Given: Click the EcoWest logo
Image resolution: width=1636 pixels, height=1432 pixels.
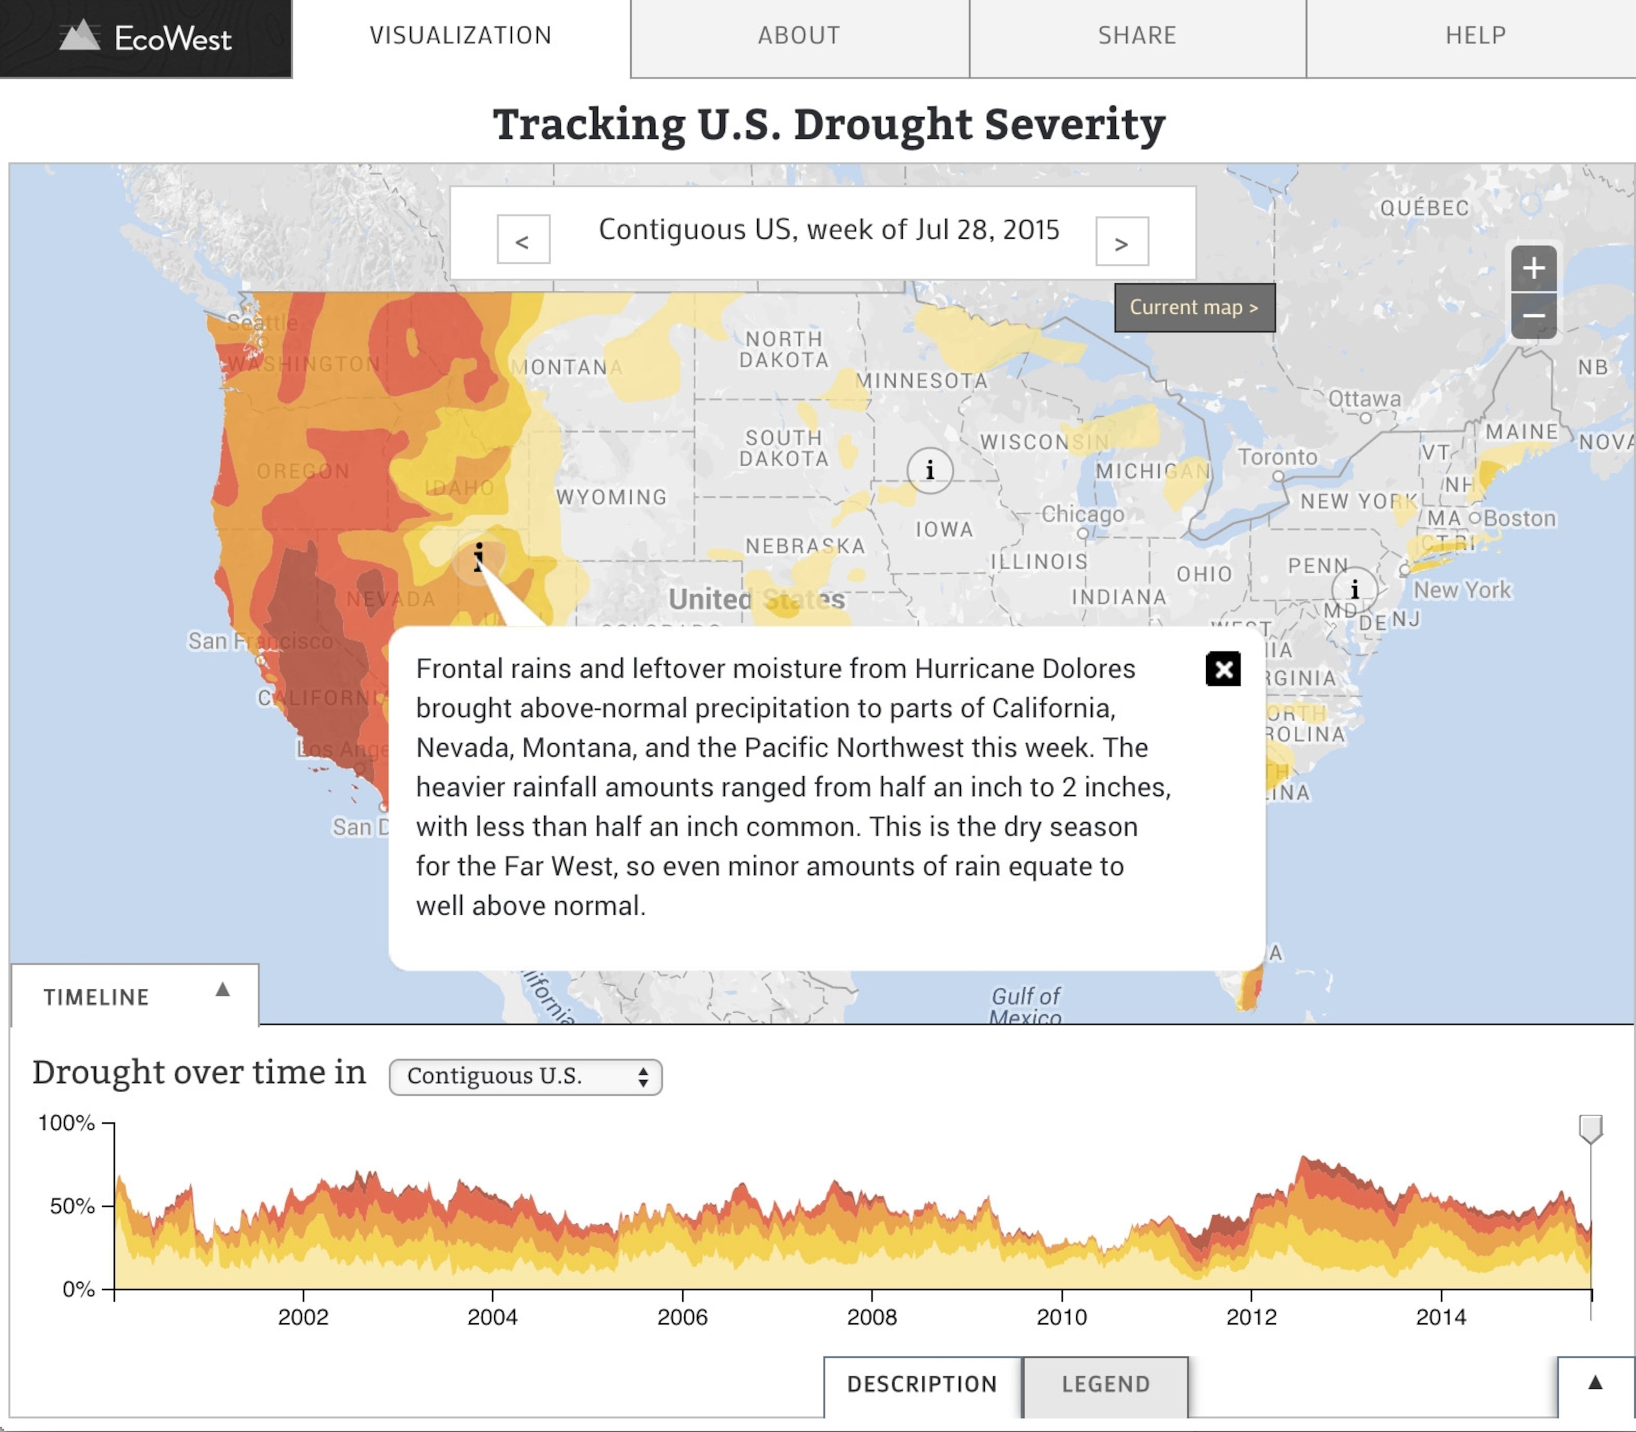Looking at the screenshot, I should [x=145, y=37].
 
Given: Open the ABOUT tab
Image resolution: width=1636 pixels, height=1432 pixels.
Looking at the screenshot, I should [x=799, y=36].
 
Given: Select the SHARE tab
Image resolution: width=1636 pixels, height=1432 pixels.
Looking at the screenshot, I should [x=1136, y=36].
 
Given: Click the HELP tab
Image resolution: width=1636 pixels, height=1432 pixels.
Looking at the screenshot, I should [x=1475, y=36].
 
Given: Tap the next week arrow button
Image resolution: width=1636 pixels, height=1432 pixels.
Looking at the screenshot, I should [x=1122, y=241].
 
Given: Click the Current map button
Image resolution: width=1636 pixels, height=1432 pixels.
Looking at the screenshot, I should [x=1194, y=308].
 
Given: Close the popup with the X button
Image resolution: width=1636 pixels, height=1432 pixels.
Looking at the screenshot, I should [x=1223, y=669].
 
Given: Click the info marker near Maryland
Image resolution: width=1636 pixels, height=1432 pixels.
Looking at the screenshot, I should [x=1354, y=590].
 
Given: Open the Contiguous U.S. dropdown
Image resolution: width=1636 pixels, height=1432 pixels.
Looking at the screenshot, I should [x=526, y=1076].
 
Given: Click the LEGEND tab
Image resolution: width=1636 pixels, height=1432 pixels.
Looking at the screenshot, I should [x=1106, y=1384].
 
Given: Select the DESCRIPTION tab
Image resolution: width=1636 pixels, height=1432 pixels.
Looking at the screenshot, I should [x=922, y=1384].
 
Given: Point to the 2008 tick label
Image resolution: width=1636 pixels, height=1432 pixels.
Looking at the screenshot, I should [x=871, y=1317].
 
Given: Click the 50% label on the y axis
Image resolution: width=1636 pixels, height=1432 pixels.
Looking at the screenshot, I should [x=72, y=1206].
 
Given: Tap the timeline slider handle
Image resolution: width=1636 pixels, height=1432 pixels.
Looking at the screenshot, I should [x=1590, y=1128].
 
